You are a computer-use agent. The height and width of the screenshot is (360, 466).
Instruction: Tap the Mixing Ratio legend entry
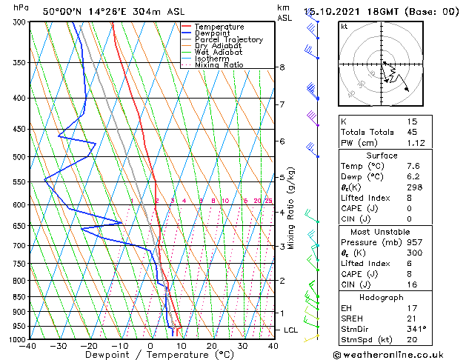click(219, 65)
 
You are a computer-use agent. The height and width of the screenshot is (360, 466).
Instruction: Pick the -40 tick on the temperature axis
click(29, 346)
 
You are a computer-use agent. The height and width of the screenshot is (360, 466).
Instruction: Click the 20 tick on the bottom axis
click(211, 346)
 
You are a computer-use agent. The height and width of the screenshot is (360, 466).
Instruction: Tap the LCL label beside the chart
click(292, 329)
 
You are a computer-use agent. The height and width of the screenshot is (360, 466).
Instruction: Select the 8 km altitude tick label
click(282, 67)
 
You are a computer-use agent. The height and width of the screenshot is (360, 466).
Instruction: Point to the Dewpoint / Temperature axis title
click(150, 355)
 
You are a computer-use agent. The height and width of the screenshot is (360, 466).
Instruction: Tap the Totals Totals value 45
click(412, 133)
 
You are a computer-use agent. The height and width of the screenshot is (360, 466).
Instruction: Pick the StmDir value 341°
click(416, 328)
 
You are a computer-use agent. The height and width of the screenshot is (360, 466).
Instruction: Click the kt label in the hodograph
click(344, 26)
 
